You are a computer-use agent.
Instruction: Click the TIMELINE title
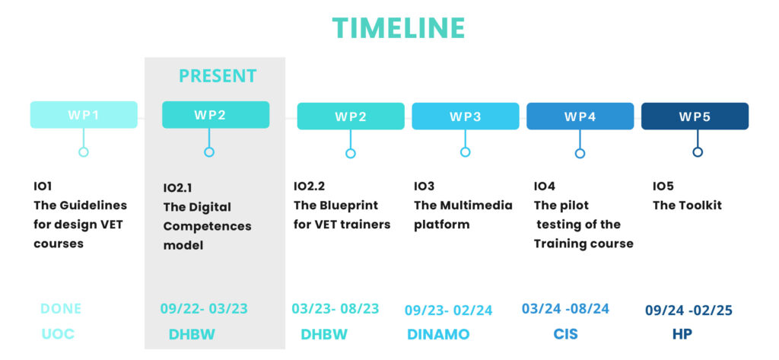pyautogui.click(x=399, y=28)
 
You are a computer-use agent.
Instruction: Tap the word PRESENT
pyautogui.click(x=218, y=76)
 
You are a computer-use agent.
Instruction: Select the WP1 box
pyautogui.click(x=84, y=115)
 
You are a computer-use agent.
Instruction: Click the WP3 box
pyautogui.click(x=466, y=116)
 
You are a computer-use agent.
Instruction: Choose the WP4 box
pyautogui.click(x=580, y=116)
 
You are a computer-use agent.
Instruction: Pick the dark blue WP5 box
pyautogui.click(x=695, y=116)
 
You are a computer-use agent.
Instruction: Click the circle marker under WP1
pyautogui.click(x=84, y=151)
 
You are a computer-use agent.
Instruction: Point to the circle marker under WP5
pyautogui.click(x=698, y=151)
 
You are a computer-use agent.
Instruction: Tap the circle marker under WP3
pyautogui.click(x=465, y=151)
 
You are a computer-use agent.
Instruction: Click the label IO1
pyautogui.click(x=43, y=186)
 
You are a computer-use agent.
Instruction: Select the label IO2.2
pyautogui.click(x=309, y=186)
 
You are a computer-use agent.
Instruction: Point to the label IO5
pyautogui.click(x=663, y=186)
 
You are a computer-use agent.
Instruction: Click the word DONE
pyautogui.click(x=61, y=309)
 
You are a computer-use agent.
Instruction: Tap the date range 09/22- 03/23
pyautogui.click(x=204, y=309)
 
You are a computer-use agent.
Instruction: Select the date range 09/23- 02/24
pyautogui.click(x=449, y=311)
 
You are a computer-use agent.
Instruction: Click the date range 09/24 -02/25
pyautogui.click(x=689, y=311)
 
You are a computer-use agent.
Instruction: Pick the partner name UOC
pyautogui.click(x=58, y=334)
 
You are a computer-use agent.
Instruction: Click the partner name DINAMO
pyautogui.click(x=438, y=334)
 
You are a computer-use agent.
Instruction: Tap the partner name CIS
pyautogui.click(x=566, y=333)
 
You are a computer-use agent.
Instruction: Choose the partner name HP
pyautogui.click(x=682, y=334)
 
